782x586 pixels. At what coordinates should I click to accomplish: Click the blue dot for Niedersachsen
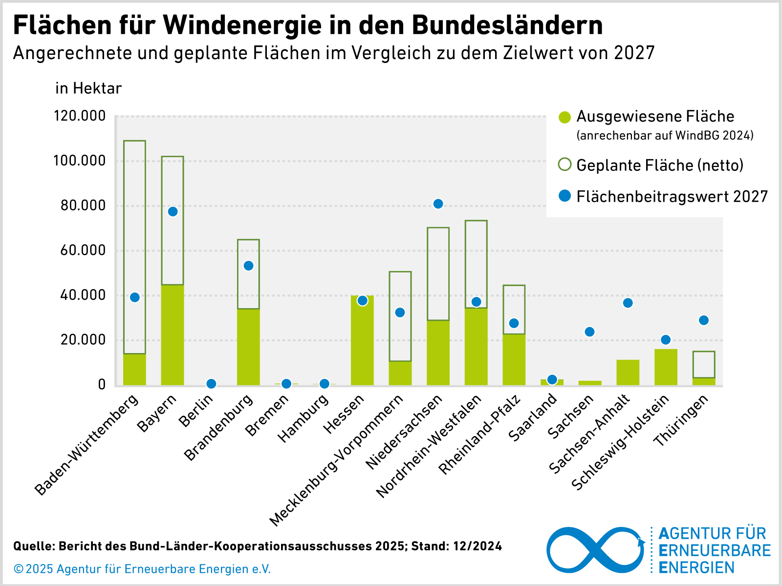pyautogui.click(x=438, y=204)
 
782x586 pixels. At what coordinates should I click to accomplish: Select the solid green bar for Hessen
pyautogui.click(x=362, y=342)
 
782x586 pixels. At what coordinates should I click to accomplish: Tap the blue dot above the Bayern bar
pyautogui.click(x=173, y=211)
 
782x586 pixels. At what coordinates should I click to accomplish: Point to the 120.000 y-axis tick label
pyautogui.click(x=80, y=116)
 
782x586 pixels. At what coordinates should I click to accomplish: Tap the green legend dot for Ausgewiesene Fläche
pyautogui.click(x=565, y=117)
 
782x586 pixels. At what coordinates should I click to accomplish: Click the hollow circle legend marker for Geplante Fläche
pyautogui.click(x=565, y=165)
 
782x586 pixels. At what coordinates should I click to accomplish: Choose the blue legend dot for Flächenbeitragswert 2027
pyautogui.click(x=565, y=196)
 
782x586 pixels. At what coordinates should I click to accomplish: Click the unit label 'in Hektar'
pyautogui.click(x=88, y=88)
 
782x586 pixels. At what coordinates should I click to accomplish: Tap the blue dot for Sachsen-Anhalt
pyautogui.click(x=628, y=303)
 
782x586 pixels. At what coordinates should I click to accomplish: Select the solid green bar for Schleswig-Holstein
pyautogui.click(x=666, y=367)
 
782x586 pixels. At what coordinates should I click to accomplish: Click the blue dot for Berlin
pyautogui.click(x=211, y=384)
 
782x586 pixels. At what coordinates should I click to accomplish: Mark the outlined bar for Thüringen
pyautogui.click(x=704, y=364)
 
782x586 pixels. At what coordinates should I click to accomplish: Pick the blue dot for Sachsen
pyautogui.click(x=589, y=332)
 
